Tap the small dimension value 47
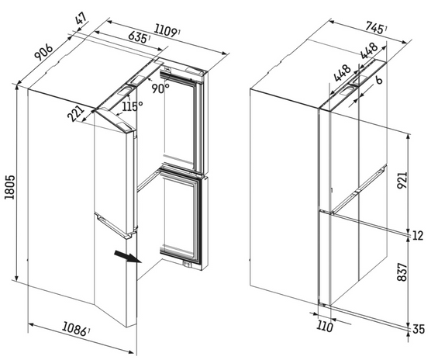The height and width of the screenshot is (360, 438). [81, 17]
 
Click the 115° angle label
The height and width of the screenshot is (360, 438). [130, 106]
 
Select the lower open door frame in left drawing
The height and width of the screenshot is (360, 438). [184, 219]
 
